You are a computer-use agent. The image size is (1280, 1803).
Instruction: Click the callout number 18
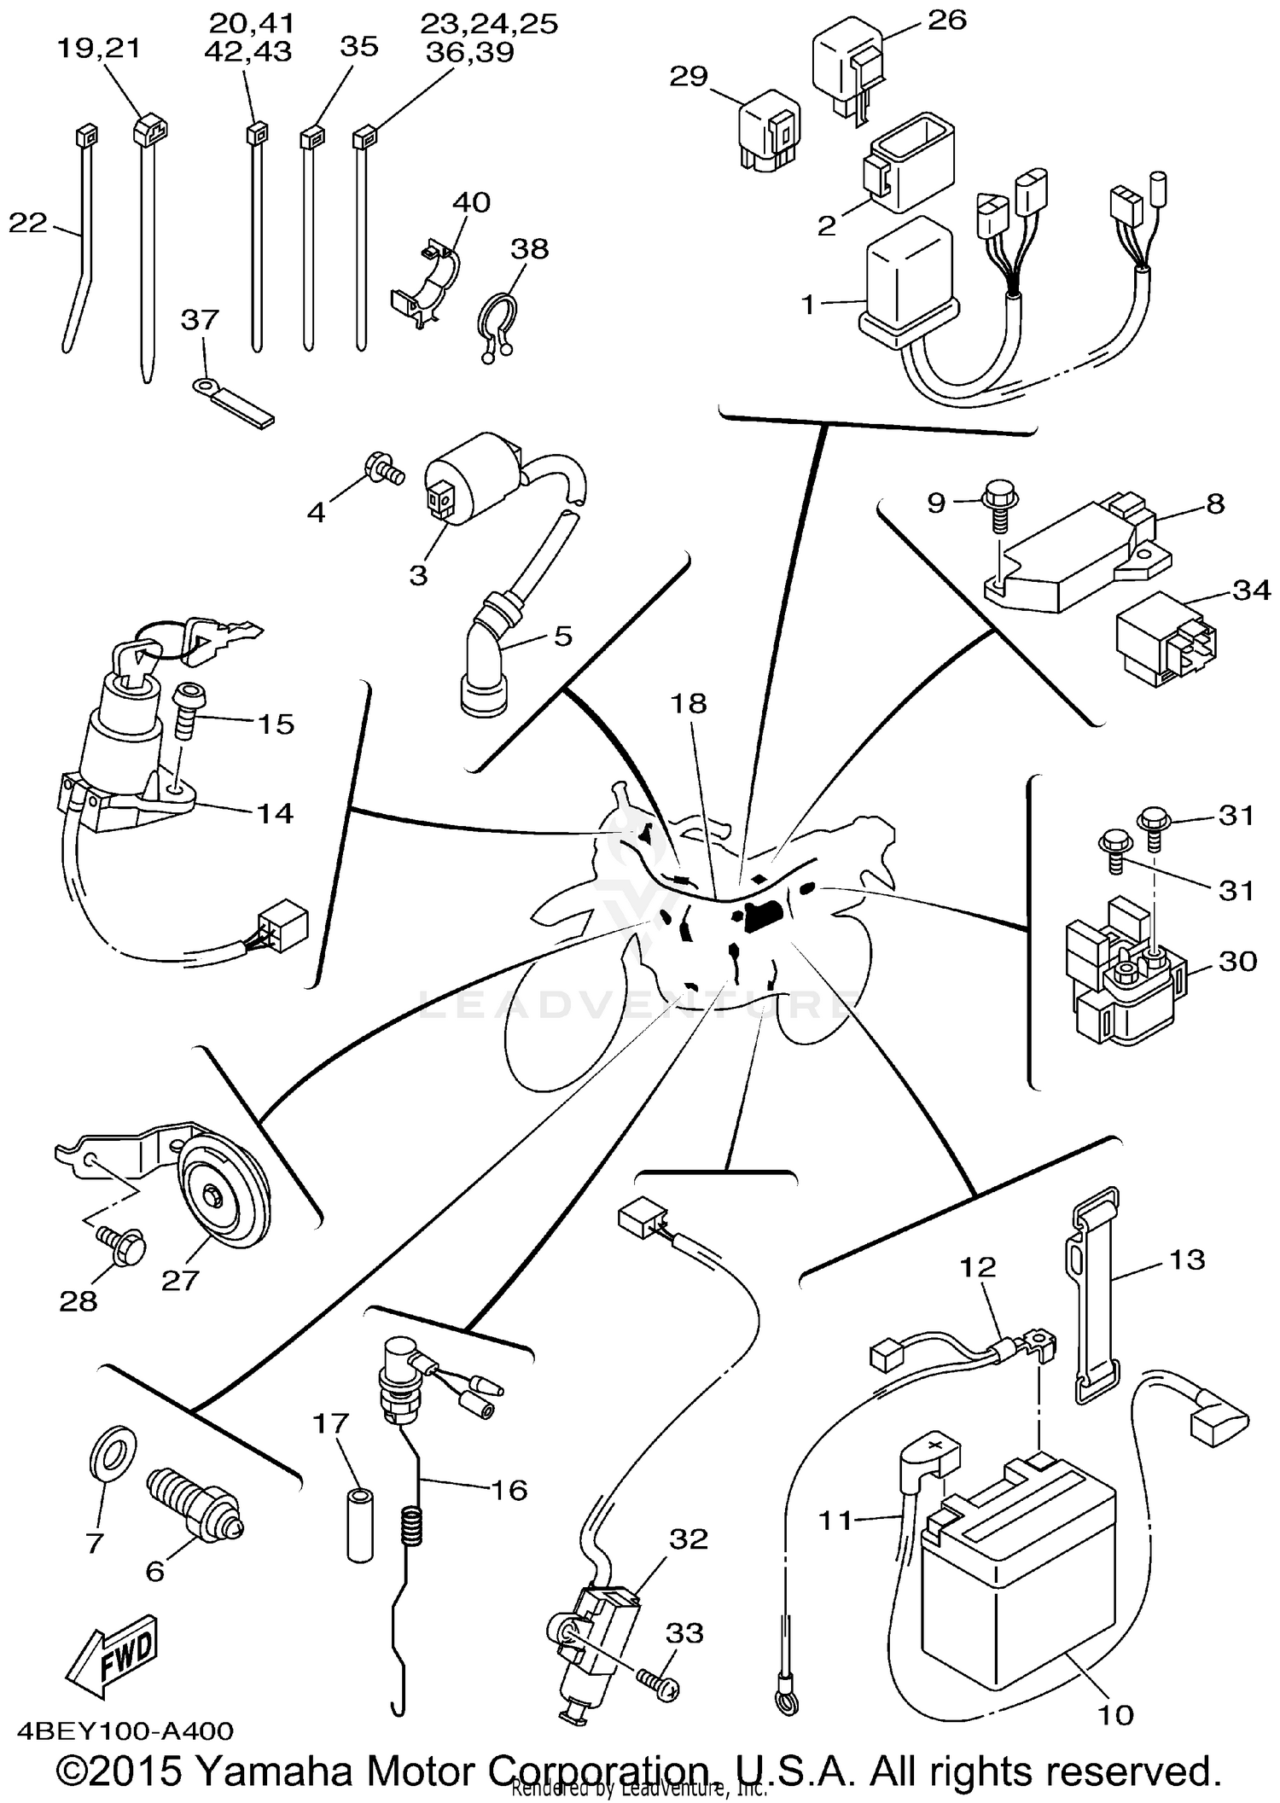(688, 704)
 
